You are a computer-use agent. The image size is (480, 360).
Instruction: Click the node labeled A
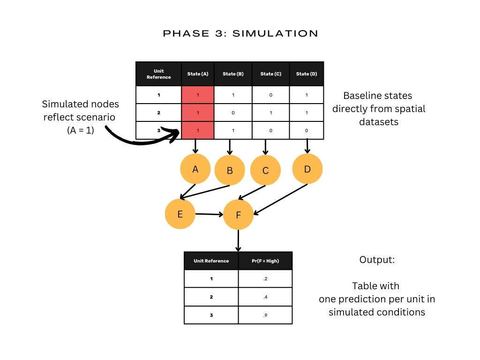pyautogui.click(x=195, y=169)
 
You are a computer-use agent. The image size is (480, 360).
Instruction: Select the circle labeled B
pyautogui.click(x=230, y=170)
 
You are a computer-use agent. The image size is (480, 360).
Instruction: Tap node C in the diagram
pyautogui.click(x=265, y=170)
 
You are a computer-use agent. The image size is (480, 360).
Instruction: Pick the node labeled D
pyautogui.click(x=307, y=169)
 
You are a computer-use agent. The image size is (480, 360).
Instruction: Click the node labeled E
pyautogui.click(x=180, y=214)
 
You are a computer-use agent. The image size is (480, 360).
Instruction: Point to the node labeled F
pyautogui.click(x=238, y=215)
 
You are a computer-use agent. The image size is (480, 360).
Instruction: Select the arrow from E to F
pyautogui.click(x=209, y=214)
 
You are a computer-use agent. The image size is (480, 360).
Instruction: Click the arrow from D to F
pyautogui.click(x=280, y=199)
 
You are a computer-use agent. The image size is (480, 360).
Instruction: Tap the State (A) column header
pyautogui.click(x=198, y=74)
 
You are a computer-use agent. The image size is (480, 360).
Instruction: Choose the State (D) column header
pyautogui.click(x=307, y=74)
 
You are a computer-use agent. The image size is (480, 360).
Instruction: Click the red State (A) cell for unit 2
pyautogui.click(x=198, y=112)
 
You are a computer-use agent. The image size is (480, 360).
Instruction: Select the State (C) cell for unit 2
pyautogui.click(x=270, y=112)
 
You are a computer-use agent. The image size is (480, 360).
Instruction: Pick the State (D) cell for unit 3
pyautogui.click(x=307, y=130)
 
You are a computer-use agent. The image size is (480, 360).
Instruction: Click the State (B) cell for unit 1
pyautogui.click(x=233, y=95)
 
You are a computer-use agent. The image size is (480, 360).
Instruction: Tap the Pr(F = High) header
pyautogui.click(x=265, y=261)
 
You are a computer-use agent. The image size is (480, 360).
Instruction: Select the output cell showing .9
pyautogui.click(x=265, y=315)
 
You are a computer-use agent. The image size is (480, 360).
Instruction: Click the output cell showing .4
pyautogui.click(x=265, y=297)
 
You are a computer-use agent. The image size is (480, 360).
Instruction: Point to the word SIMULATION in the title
pyautogui.click(x=275, y=33)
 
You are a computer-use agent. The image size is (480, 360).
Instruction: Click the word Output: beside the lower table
pyautogui.click(x=377, y=260)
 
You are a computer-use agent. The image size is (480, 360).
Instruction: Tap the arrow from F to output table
pyautogui.click(x=238, y=240)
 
